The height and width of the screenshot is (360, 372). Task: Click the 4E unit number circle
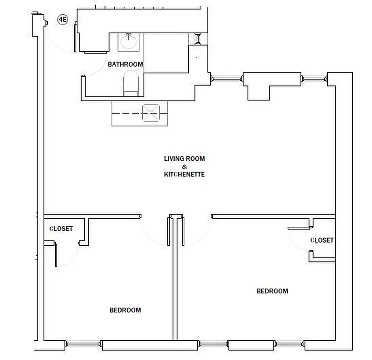62,20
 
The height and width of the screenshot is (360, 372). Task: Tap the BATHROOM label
125,64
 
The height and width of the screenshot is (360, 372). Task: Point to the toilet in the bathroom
131,83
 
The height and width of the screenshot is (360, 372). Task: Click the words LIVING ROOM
184,159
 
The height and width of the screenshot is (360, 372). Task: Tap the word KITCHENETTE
184,174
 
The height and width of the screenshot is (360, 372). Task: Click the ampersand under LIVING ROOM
184,166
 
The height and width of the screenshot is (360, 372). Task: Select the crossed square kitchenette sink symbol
150,112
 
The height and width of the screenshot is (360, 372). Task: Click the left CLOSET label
61,229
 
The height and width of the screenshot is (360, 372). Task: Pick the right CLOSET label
322,240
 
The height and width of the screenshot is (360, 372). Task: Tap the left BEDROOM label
125,310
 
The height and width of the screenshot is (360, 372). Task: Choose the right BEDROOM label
272,291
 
